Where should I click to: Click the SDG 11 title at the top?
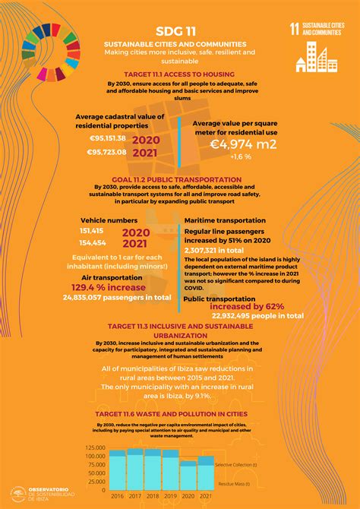pos(180,31)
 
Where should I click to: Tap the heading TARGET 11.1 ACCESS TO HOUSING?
pos(180,74)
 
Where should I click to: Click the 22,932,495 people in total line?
pos(257,315)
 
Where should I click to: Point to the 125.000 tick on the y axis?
pos(95,447)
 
